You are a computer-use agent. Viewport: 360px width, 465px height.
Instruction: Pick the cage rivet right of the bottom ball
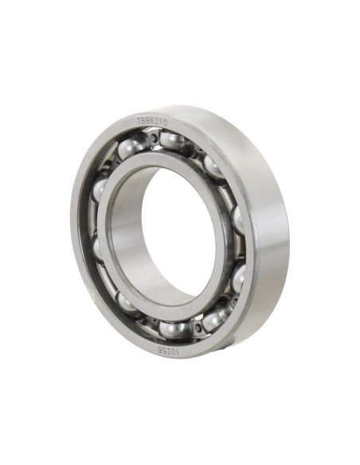(x=196, y=326)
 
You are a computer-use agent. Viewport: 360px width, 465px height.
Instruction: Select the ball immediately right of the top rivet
(x=173, y=141)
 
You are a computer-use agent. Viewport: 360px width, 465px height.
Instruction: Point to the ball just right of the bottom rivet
(x=213, y=318)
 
